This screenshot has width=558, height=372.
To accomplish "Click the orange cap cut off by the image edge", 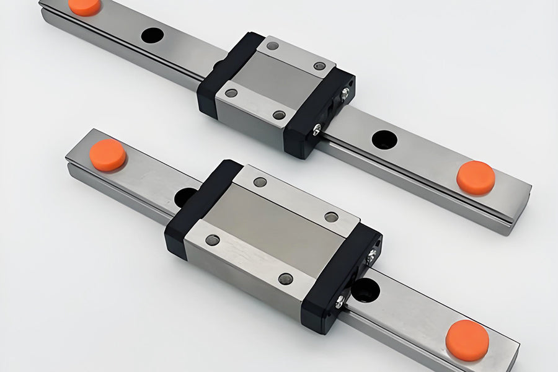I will click(84, 6).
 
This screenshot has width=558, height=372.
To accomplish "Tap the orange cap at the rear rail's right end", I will click(476, 177).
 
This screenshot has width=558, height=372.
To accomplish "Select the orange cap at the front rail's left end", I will click(107, 154).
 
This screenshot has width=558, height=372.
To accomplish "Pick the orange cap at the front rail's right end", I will click(467, 340).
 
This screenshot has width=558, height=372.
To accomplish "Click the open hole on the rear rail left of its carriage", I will click(152, 35).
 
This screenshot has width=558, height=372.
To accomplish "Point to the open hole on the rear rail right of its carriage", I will click(384, 139).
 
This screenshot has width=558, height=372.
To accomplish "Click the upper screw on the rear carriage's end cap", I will click(344, 92).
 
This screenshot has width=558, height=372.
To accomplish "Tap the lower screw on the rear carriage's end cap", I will click(317, 129).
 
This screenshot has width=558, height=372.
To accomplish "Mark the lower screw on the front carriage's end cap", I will click(340, 302).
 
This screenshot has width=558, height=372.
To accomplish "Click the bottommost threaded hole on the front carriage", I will click(285, 278).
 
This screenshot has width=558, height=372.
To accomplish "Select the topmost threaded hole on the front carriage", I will click(260, 182).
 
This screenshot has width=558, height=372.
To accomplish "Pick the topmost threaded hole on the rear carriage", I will click(272, 45).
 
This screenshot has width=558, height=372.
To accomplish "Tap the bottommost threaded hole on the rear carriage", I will click(279, 115).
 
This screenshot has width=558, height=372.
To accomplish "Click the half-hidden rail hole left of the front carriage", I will click(184, 197).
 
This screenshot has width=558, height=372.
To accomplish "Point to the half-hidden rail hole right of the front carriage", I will click(366, 289).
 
